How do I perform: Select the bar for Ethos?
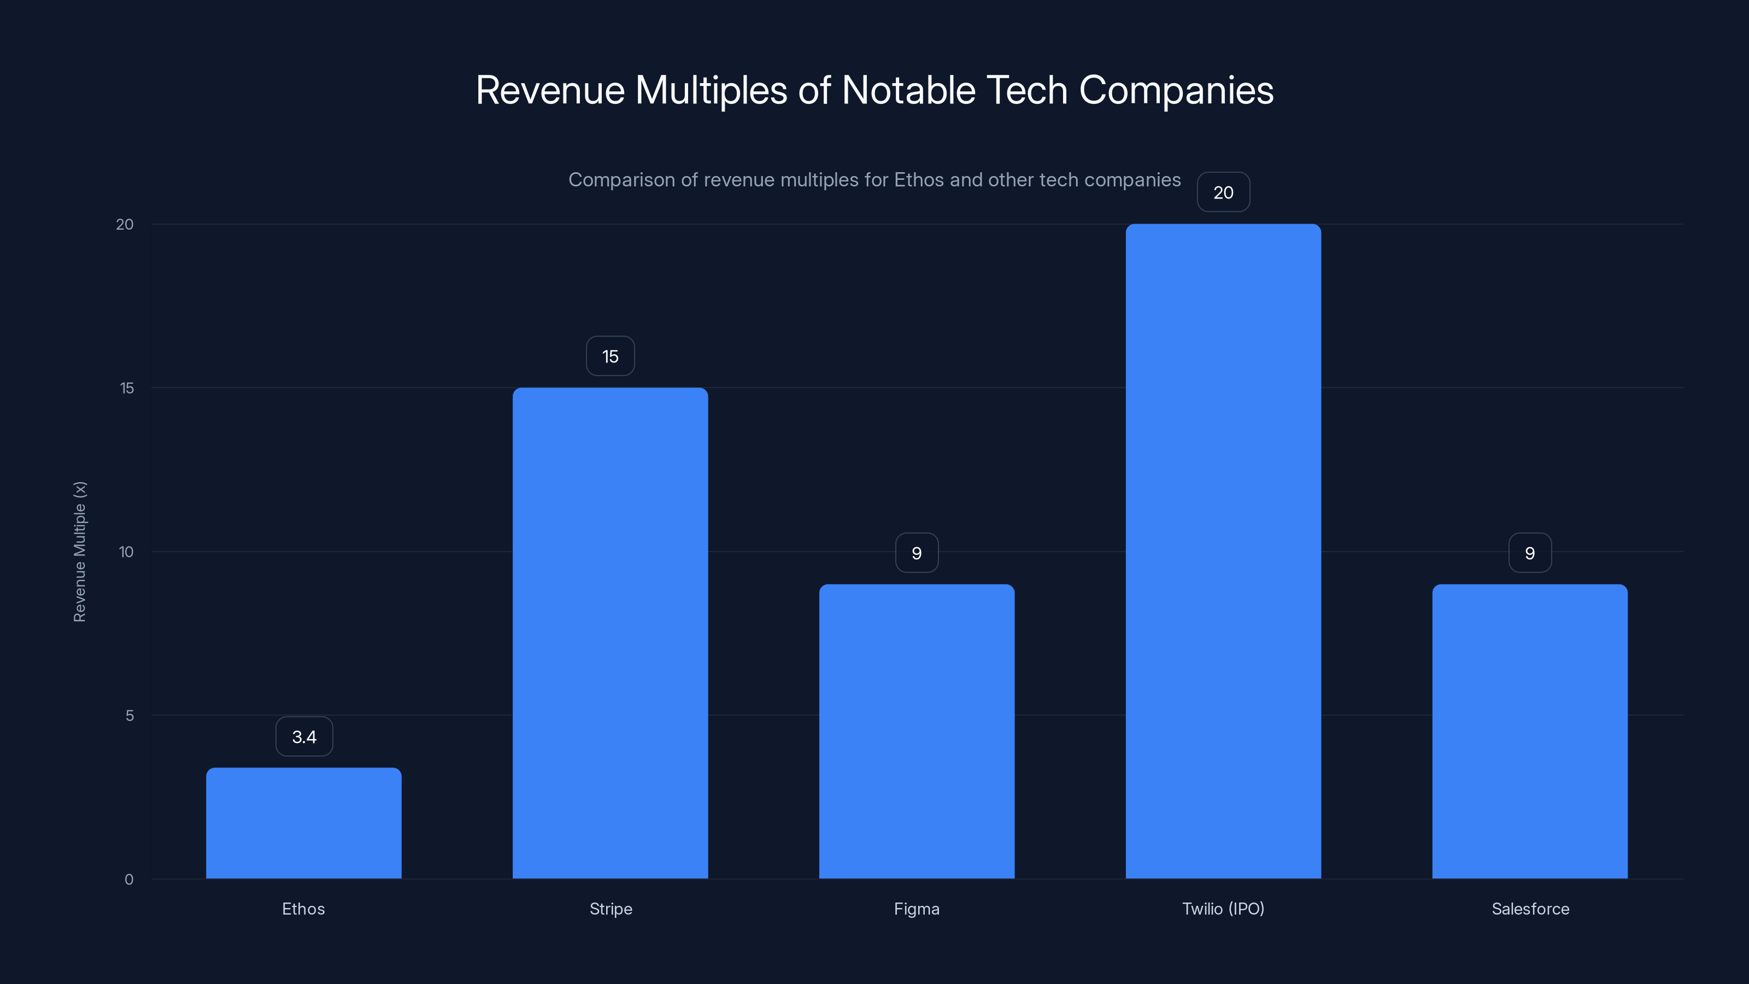303,823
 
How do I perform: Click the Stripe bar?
610,633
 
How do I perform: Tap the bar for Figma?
917,731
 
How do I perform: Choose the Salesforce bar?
1530,731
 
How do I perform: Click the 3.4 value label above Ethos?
304,737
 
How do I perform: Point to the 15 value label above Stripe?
610,356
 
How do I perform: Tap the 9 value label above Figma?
917,553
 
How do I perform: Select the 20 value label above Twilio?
1223,192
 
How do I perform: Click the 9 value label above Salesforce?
1530,553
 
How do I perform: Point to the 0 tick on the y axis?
129,880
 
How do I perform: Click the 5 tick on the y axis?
130,715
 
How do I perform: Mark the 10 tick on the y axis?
126,552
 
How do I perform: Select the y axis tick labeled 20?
125,224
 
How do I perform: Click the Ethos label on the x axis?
303,909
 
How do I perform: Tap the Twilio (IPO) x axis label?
1223,909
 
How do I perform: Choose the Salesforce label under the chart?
1530,909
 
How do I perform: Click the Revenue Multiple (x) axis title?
79,552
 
